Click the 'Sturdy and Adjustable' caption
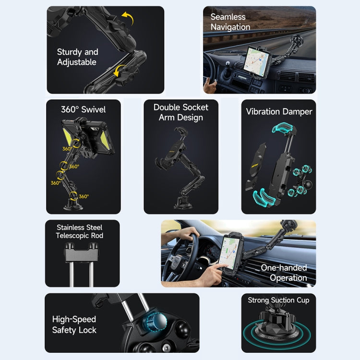(x=77, y=57)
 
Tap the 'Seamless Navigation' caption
(x=230, y=22)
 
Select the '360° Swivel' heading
(x=83, y=109)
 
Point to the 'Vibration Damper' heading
(x=279, y=112)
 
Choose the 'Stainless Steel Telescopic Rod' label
(x=80, y=231)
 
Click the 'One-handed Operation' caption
(x=284, y=273)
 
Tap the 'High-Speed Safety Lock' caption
(x=74, y=324)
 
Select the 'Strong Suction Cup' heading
(x=278, y=300)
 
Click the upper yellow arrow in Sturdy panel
(x=127, y=20)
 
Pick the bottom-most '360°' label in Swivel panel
(x=84, y=196)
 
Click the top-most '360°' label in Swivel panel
(x=68, y=149)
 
